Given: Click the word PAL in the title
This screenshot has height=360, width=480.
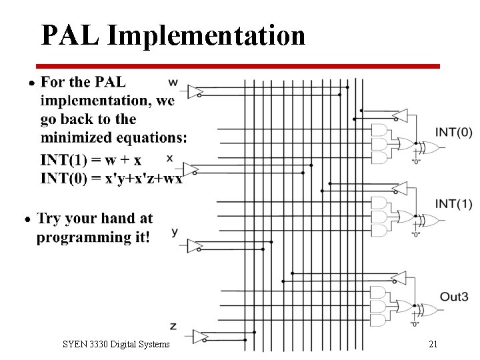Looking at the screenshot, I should point(69,35).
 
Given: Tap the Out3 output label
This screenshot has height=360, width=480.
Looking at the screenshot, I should point(454,296).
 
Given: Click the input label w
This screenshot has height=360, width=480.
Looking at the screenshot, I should point(173,82).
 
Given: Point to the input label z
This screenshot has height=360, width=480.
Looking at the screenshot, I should point(173,326).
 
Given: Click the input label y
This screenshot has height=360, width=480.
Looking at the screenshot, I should point(175,232).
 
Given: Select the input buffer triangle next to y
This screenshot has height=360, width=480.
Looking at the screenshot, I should point(195,246).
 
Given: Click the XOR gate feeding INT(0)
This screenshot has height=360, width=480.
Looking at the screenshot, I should point(427,147).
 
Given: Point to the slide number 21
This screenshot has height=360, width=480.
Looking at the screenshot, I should point(433,345).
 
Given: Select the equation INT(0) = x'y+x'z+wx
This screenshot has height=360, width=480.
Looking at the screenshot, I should point(111,178).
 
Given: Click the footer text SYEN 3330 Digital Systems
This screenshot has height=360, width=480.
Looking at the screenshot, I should point(116,345).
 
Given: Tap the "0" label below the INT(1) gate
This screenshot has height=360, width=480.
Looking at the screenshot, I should point(415,234).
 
